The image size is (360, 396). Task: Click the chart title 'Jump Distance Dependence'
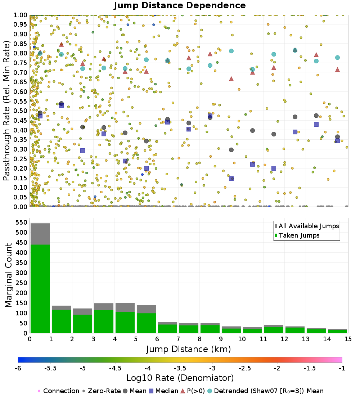point(180,6)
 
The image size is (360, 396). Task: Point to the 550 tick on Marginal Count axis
point(23,222)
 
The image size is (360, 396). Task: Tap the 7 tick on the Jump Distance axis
point(178,339)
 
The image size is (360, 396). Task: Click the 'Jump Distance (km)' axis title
point(188,349)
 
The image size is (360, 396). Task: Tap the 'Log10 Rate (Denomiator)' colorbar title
point(180,378)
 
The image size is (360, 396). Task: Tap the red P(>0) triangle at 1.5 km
point(61,44)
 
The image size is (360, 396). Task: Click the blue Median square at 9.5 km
point(231,178)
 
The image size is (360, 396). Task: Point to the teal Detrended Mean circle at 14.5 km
point(337,58)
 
